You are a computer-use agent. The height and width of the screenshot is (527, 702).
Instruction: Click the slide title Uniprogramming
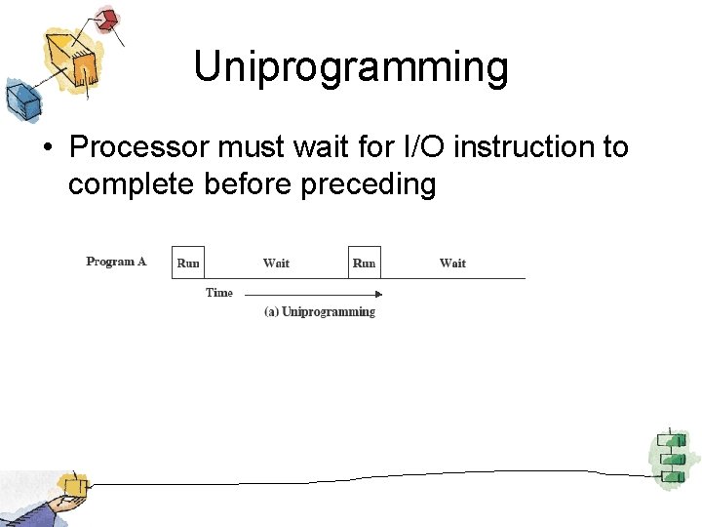coord(351,67)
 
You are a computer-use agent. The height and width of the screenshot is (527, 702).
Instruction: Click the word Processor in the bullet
coord(140,147)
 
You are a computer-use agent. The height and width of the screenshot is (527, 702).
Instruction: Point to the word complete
coord(133,184)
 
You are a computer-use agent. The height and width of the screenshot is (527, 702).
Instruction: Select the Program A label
coord(116,262)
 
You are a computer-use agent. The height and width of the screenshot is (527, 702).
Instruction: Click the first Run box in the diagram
coord(188,263)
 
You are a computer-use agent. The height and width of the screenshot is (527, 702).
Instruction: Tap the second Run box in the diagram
coord(364,263)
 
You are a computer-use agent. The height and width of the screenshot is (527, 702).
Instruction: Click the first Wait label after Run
coord(276,263)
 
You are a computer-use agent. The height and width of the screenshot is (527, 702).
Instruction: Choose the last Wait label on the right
coord(452,263)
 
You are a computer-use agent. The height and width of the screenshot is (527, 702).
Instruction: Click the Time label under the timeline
coord(219,293)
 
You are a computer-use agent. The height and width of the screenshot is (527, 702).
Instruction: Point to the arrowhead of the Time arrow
coord(379,293)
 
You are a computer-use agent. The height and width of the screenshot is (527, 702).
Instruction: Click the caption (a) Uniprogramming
coord(320,312)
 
